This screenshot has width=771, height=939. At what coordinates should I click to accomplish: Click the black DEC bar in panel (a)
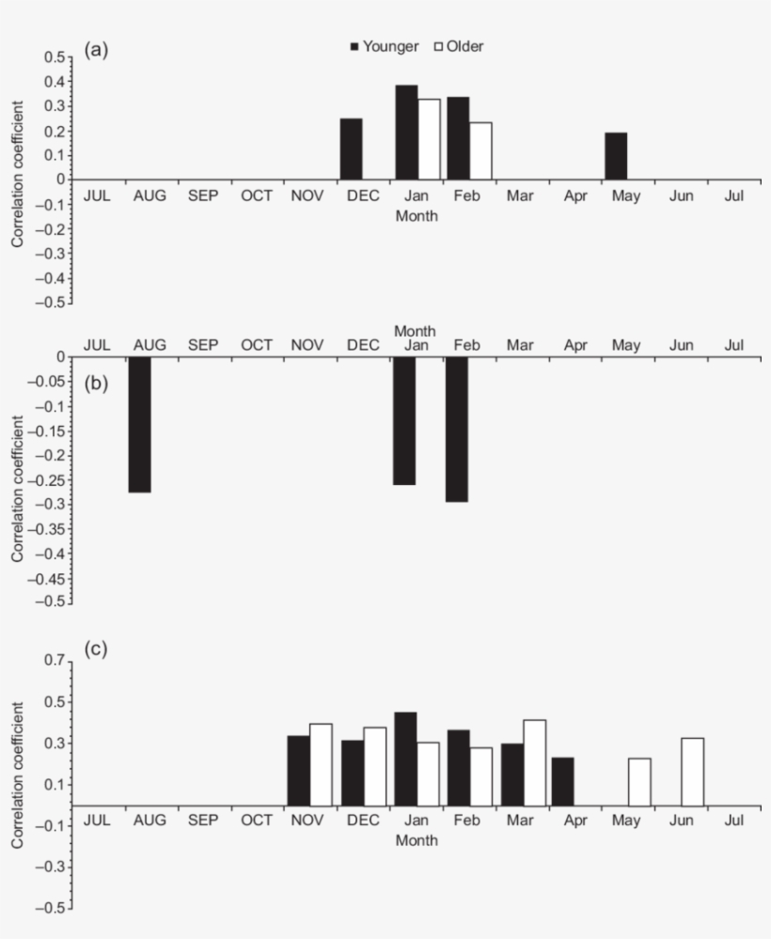pyautogui.click(x=351, y=149)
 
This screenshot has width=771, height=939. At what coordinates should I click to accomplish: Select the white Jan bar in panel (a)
pyautogui.click(x=429, y=138)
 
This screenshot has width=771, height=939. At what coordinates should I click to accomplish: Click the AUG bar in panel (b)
pyautogui.click(x=139, y=424)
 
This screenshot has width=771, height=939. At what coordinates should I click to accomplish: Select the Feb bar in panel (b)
pyautogui.click(x=457, y=429)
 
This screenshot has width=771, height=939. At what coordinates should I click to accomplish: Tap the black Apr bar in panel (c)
pyautogui.click(x=562, y=781)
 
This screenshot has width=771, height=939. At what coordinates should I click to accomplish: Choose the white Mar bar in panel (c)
pyautogui.click(x=534, y=762)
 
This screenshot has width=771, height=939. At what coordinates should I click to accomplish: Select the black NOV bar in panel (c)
pyautogui.click(x=298, y=771)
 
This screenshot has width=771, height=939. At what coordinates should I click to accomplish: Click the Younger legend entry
pyautogui.click(x=384, y=47)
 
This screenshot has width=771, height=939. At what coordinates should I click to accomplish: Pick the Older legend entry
pyautogui.click(x=458, y=47)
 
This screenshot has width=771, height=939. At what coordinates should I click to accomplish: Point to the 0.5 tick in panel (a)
pyautogui.click(x=55, y=57)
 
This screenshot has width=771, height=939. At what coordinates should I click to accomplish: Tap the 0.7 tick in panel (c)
pyautogui.click(x=55, y=662)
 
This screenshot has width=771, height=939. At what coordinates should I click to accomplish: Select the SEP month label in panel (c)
pyautogui.click(x=202, y=821)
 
